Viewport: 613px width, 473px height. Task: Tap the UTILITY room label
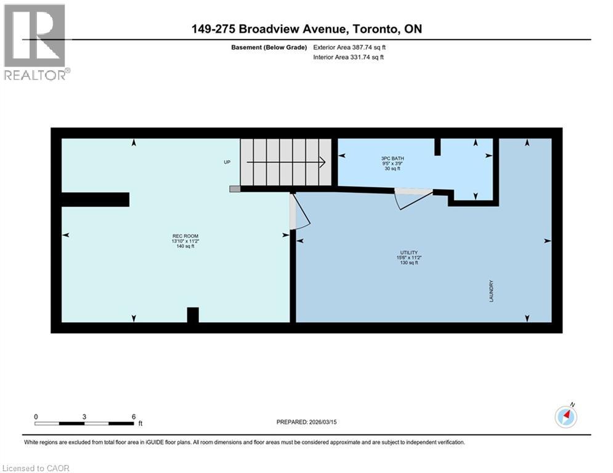point(408,253)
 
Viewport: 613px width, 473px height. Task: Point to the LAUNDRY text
point(492,291)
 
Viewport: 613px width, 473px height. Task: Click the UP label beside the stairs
point(227,163)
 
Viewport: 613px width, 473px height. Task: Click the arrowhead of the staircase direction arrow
point(322,163)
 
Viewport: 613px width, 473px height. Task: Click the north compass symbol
point(566,417)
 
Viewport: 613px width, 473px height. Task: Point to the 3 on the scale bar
point(84,416)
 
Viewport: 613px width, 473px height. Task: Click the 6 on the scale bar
point(133,416)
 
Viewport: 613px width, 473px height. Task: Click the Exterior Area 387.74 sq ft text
point(349,47)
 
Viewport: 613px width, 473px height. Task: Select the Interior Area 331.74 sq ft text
point(349,57)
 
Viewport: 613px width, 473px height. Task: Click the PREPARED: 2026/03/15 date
point(306,422)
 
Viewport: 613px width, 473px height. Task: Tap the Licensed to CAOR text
point(36,468)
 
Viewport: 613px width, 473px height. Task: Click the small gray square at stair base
point(235,189)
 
